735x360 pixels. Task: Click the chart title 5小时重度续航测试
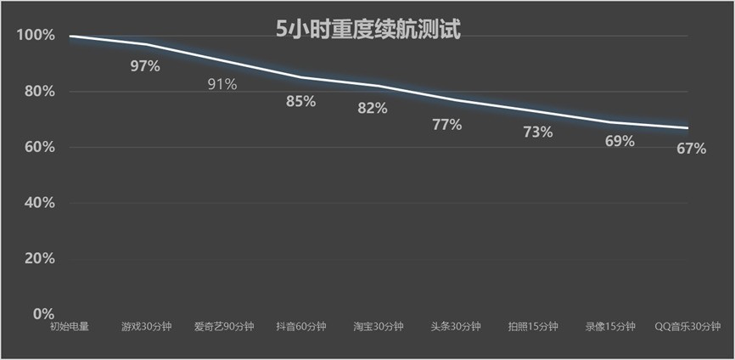(x=367, y=30)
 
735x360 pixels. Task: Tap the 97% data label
(x=145, y=66)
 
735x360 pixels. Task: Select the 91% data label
(x=222, y=84)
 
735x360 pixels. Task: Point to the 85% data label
(x=300, y=101)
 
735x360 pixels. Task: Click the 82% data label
(x=373, y=108)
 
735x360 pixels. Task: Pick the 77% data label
(x=447, y=125)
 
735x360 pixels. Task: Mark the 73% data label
(x=538, y=132)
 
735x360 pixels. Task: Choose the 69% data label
(x=620, y=141)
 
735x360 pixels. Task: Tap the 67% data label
(x=691, y=149)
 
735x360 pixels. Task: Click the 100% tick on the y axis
(x=35, y=36)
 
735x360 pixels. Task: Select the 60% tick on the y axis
(x=38, y=147)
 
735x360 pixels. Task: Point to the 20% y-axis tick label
(x=38, y=258)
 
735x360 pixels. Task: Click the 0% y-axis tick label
(x=43, y=313)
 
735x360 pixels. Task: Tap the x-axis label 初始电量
(x=69, y=327)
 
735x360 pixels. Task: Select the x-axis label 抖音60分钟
(x=300, y=327)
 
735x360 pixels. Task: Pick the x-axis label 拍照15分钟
(x=533, y=327)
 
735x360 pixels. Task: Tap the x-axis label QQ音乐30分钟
(x=688, y=327)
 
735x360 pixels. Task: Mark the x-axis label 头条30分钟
(x=456, y=327)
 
